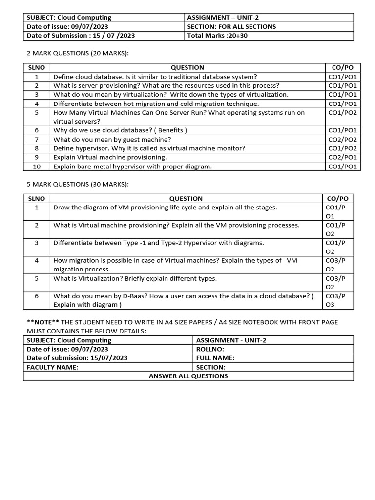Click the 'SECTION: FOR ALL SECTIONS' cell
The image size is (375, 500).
coord(231,26)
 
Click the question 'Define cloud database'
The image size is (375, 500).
coord(155,77)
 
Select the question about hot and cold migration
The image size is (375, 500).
coord(156,104)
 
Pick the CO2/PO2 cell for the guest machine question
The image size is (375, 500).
coord(343,139)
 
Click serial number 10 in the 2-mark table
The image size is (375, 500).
coord(37,167)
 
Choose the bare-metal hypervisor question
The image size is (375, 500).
coord(133,167)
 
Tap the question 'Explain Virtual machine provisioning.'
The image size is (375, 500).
coord(110,157)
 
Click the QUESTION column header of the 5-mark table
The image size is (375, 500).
coord(186,199)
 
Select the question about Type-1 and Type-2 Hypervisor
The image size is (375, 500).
coord(158,243)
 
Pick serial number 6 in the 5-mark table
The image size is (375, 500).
coord(37,296)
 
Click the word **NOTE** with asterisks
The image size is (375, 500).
coord(43,322)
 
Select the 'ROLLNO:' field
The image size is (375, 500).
coord(210,349)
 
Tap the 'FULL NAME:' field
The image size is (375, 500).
coord(215,358)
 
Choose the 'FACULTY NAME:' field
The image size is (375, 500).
coord(52,367)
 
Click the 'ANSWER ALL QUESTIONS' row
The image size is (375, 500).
coord(188,376)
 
